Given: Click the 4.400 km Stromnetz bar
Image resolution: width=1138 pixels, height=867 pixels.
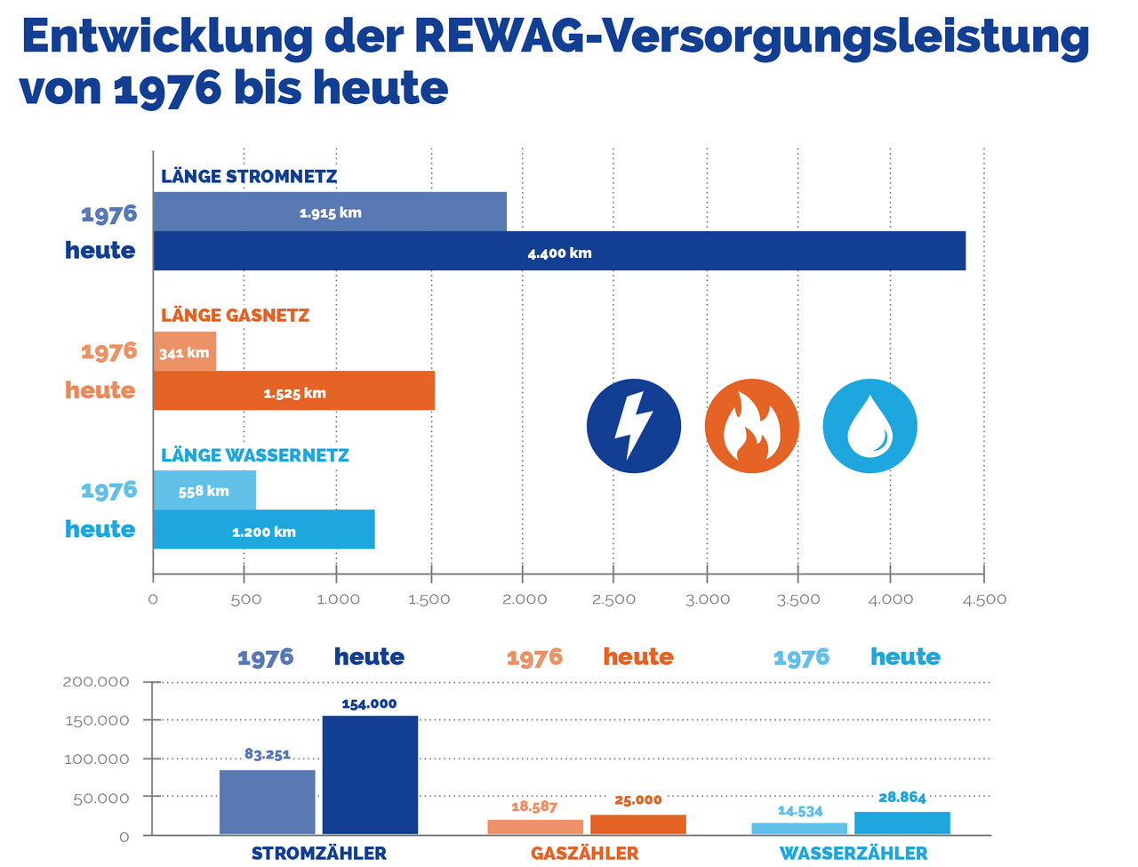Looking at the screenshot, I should pyautogui.click(x=559, y=251).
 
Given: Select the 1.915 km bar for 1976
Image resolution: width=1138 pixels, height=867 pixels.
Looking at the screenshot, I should pyautogui.click(x=330, y=212).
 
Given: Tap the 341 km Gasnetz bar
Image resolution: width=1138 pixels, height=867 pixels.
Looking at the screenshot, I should pyautogui.click(x=185, y=351).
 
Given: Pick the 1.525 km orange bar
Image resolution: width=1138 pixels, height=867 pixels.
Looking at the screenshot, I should pyautogui.click(x=294, y=390).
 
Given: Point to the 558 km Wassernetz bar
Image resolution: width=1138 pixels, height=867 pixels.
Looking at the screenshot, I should pyautogui.click(x=204, y=490).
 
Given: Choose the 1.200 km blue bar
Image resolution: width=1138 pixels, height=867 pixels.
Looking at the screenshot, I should pyautogui.click(x=264, y=529).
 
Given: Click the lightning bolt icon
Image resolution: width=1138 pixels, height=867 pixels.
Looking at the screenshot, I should pyautogui.click(x=634, y=426).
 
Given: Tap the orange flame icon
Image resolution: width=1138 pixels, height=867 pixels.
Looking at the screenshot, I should pyautogui.click(x=752, y=426).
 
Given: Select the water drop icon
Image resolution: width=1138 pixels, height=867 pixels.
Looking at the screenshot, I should pyautogui.click(x=870, y=426).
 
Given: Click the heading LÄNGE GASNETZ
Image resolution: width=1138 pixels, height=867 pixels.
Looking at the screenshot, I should pyautogui.click(x=236, y=315).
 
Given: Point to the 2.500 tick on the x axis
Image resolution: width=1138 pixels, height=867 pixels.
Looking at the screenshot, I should pyautogui.click(x=613, y=599).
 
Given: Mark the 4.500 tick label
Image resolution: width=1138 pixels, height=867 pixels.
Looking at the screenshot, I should pyautogui.click(x=984, y=599).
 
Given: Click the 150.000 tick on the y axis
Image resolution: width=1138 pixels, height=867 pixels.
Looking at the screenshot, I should pyautogui.click(x=97, y=720).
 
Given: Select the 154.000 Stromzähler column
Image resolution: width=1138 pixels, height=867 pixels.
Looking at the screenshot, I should pyautogui.click(x=370, y=775).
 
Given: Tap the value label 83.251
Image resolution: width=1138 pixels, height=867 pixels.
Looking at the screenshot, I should pyautogui.click(x=268, y=754).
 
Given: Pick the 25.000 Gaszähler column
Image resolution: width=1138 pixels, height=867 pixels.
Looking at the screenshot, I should pyautogui.click(x=638, y=824).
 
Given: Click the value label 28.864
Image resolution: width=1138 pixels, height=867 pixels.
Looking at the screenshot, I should pyautogui.click(x=902, y=798).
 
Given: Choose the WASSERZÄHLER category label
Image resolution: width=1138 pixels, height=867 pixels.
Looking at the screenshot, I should pyautogui.click(x=853, y=854).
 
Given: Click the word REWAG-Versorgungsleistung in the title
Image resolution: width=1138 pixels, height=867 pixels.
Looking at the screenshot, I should pyautogui.click(x=751, y=37).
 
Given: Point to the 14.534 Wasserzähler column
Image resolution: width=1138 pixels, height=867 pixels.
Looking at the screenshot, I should pyautogui.click(x=799, y=829).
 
